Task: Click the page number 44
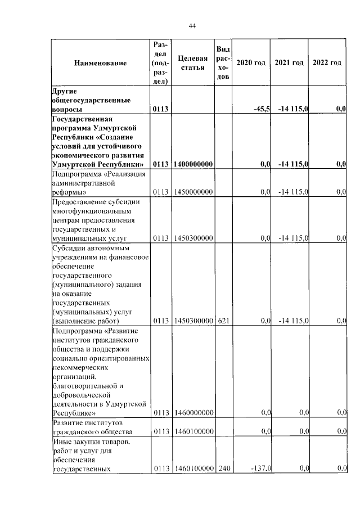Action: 192,26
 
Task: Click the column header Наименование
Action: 100,62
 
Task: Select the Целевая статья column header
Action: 192,62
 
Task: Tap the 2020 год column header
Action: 251,62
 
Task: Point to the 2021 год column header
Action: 290,62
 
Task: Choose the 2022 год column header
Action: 327,62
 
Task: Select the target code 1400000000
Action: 193,164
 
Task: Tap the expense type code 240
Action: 223,469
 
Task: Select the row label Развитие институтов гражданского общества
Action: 92,427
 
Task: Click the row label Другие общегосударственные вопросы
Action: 92,100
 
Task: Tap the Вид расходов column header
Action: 223,62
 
